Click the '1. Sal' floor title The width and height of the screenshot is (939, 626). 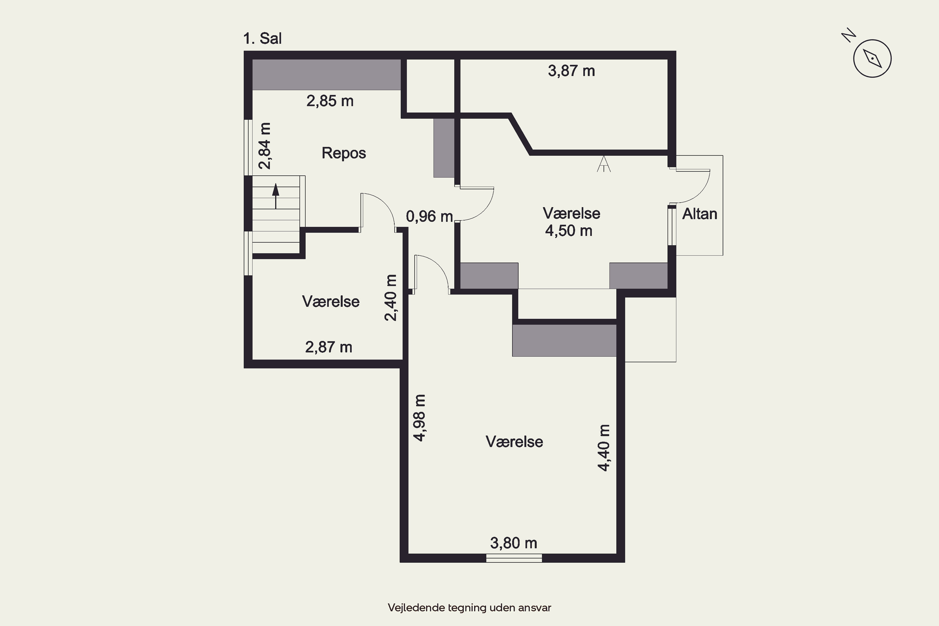click(262, 38)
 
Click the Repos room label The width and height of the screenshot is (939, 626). click(344, 153)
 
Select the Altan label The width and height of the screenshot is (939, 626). click(700, 214)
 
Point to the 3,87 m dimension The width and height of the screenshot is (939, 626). click(571, 71)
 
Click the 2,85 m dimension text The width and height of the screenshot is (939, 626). click(330, 101)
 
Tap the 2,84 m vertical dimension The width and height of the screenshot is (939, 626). click(265, 146)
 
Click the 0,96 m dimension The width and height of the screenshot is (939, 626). click(429, 216)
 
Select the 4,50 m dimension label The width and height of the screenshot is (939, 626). click(568, 231)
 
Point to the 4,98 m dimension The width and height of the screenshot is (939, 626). click(420, 418)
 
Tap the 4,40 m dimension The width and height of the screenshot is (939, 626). click(604, 448)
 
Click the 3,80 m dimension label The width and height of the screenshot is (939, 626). click(513, 543)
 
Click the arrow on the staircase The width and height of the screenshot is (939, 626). click(275, 196)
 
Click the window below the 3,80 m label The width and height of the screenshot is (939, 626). click(514, 558)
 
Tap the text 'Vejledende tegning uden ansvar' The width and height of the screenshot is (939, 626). click(469, 608)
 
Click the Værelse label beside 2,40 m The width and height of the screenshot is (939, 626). click(331, 301)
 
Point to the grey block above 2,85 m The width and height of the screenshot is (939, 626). click(326, 75)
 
